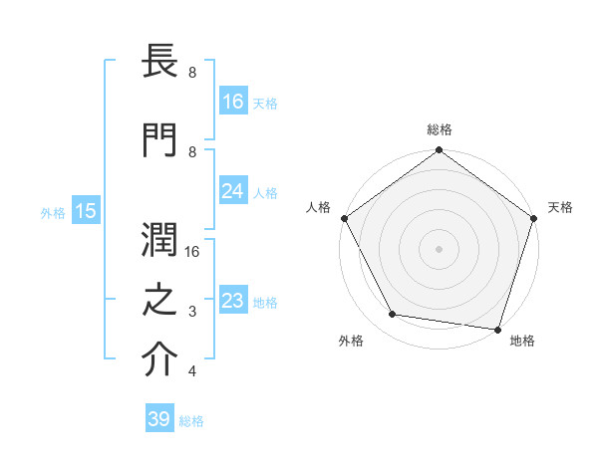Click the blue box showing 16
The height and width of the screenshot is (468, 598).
pos(233,101)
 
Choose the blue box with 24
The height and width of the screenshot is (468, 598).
pos(233,191)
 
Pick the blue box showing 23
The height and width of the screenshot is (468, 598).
pos(233,301)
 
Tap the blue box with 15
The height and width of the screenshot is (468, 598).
pos(86,211)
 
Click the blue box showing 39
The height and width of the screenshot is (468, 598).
pos(159,419)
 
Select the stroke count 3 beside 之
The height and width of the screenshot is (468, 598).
pos(191,312)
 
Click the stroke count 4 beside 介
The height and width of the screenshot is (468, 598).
pos(191,371)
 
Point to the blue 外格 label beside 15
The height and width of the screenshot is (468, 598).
pos(53,212)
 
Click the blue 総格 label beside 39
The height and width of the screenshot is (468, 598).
pos(192,420)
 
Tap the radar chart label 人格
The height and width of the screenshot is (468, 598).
pos(318,207)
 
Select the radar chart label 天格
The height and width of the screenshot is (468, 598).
pos(560,207)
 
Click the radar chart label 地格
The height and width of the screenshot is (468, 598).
pos(522,341)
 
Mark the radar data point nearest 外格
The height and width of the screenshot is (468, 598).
pos(393,315)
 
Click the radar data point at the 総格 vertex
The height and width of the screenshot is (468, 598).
pos(439,151)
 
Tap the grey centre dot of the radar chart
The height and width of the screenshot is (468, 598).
pos(439,249)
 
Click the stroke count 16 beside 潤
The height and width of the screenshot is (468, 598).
pos(194,252)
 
